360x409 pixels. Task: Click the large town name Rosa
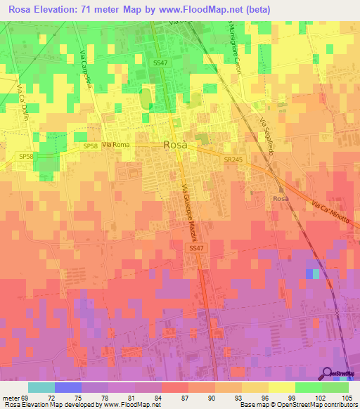(175, 144)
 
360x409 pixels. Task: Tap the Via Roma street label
(116, 145)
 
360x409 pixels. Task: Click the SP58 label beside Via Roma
(90, 145)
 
